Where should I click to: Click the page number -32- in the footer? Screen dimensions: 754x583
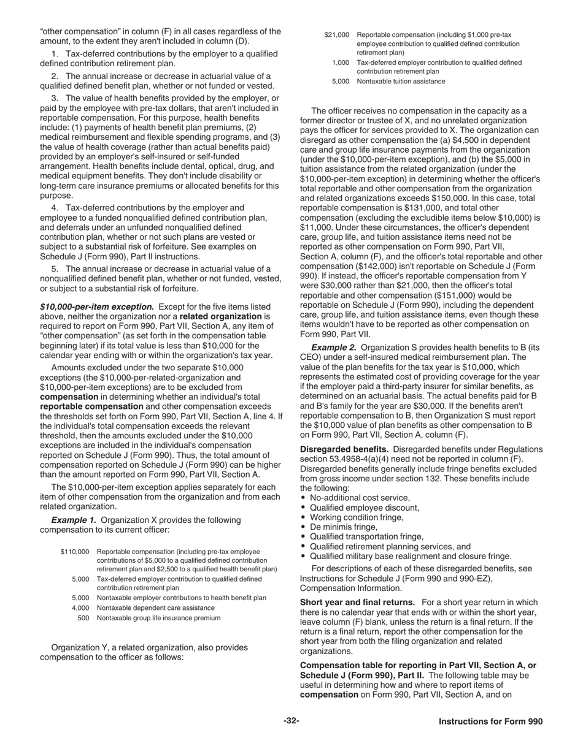[x=291, y=721]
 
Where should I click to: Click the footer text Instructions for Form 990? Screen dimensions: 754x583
[x=490, y=722]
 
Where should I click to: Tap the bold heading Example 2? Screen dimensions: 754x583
[x=334, y=347]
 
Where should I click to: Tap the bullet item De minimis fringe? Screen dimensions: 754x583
[x=344, y=527]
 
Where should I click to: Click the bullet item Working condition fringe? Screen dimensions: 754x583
[x=357, y=517]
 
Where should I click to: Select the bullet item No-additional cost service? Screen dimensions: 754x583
[x=360, y=498]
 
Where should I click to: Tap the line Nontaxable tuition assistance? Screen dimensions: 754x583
[x=401, y=81]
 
